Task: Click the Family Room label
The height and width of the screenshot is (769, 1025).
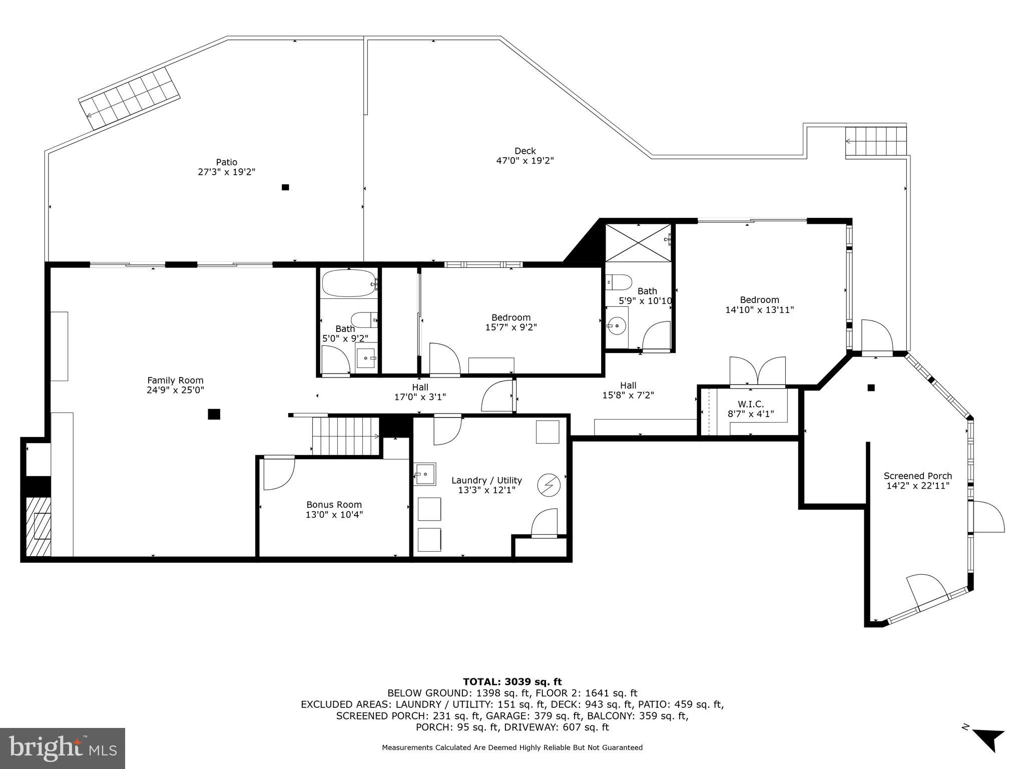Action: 175,380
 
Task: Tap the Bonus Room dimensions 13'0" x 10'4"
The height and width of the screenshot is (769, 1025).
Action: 334,514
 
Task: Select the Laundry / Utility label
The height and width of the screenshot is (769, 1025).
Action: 486,480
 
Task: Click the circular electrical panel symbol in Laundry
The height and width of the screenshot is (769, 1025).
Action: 549,485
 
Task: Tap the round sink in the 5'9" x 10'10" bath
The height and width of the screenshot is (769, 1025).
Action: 617,326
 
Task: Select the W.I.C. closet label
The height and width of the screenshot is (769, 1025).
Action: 750,404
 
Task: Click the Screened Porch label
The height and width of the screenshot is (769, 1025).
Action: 917,476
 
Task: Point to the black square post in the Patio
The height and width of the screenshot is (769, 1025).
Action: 285,187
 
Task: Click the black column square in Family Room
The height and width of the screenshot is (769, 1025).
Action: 214,414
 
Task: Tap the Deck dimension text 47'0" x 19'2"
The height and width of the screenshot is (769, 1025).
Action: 525,161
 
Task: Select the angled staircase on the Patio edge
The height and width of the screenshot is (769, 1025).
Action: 130,99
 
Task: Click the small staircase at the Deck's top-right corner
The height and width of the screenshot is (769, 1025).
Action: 876,142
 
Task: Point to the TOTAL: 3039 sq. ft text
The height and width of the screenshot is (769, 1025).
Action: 512,682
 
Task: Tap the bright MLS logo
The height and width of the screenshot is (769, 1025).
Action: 63,748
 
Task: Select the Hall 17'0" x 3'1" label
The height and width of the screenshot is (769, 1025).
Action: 420,392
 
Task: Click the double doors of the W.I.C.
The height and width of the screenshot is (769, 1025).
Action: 757,372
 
